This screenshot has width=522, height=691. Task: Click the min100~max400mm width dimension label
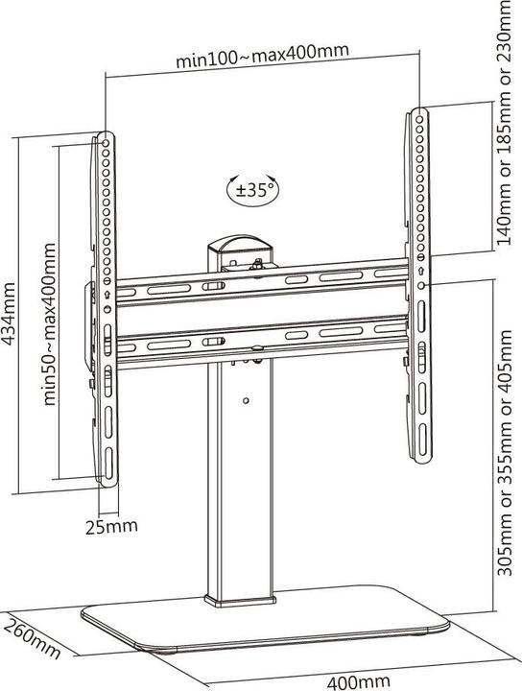click(263, 56)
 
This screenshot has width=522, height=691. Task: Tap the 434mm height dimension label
click(10, 314)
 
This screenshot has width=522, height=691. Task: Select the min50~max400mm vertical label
click(50, 324)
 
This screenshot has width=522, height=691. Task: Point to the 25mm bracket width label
click(111, 527)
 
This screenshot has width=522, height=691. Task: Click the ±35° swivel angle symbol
click(253, 190)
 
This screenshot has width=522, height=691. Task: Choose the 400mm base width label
click(358, 682)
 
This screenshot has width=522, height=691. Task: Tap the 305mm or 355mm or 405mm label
click(505, 453)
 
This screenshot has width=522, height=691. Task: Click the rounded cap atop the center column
click(240, 244)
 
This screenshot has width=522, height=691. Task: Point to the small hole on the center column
click(246, 400)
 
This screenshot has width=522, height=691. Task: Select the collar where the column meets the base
click(240, 600)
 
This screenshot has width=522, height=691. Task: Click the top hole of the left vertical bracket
click(106, 144)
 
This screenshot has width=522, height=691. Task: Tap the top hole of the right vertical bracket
click(419, 119)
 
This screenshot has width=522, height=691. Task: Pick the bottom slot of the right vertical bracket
click(422, 440)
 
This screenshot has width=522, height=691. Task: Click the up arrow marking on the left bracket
click(107, 295)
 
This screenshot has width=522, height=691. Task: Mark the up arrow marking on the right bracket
click(420, 271)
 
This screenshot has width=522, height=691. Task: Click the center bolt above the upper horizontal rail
click(256, 266)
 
